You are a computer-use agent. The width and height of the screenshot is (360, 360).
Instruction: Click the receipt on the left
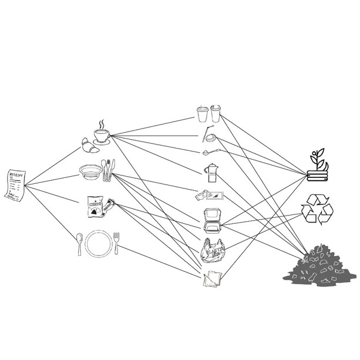(15, 184)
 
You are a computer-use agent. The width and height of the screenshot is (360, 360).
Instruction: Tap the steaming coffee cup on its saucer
(102, 134)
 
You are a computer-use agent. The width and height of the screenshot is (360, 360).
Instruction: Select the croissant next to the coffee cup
(90, 145)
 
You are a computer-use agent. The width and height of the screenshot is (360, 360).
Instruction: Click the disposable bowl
(90, 171)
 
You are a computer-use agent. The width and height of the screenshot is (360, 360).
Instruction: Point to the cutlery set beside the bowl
(108, 170)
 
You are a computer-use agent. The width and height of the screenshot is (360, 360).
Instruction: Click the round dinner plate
(97, 243)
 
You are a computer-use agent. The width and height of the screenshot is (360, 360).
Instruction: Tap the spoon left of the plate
(79, 243)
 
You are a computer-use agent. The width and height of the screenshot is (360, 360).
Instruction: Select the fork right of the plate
(116, 243)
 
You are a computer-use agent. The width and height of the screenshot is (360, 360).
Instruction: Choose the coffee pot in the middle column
(210, 172)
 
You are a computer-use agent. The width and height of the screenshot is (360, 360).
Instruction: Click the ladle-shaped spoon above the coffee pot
(210, 151)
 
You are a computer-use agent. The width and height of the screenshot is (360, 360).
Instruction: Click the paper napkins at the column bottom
(211, 280)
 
